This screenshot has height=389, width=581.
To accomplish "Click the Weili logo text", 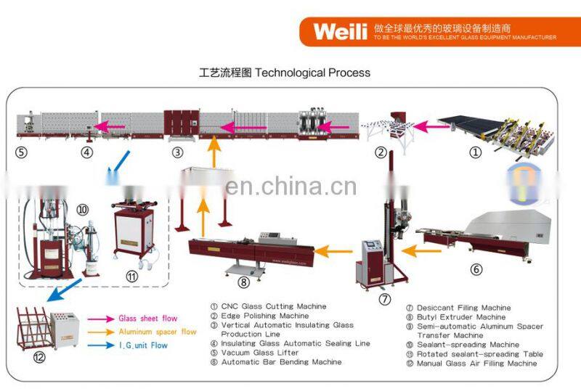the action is [x=340, y=30].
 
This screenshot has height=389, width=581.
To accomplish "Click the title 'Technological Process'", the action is [x=285, y=73].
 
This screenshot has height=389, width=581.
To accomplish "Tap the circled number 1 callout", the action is [x=475, y=152].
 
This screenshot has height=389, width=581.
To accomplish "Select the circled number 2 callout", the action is [x=380, y=152].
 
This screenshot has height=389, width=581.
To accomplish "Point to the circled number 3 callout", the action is [x=177, y=152].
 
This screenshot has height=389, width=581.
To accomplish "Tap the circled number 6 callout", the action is [x=476, y=269].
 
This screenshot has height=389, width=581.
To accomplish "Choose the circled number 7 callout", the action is [x=385, y=298].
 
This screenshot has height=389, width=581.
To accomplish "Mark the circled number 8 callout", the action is [x=244, y=283].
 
